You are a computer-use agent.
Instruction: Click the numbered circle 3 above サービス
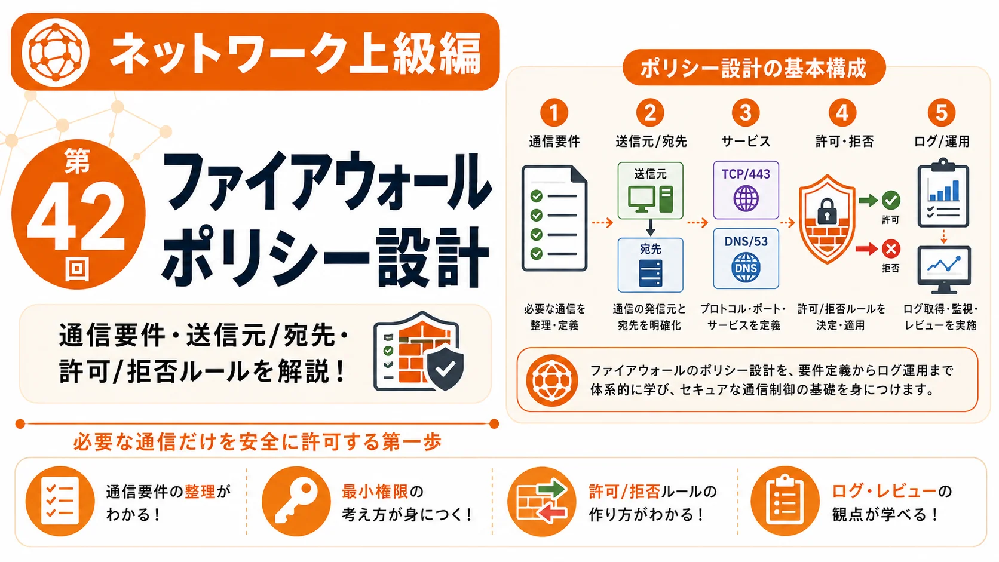click(x=746, y=112)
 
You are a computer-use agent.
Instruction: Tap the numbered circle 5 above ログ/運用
click(x=942, y=112)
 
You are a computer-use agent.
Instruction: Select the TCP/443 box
click(x=746, y=190)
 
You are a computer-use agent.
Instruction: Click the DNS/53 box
click(x=746, y=259)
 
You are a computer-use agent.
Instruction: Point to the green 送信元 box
click(x=650, y=191)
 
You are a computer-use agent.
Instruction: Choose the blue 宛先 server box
click(x=650, y=265)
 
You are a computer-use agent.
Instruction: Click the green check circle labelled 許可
click(x=891, y=200)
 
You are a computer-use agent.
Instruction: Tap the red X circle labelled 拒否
click(x=891, y=248)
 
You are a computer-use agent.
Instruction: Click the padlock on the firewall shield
click(x=828, y=210)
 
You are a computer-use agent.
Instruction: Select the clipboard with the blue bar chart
click(x=943, y=192)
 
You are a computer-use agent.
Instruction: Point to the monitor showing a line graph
click(x=943, y=269)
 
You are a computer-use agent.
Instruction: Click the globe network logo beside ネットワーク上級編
click(x=56, y=52)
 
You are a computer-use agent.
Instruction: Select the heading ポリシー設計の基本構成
click(x=753, y=68)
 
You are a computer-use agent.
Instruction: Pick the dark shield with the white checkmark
click(x=445, y=368)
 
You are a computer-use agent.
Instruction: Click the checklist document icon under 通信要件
click(x=554, y=218)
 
